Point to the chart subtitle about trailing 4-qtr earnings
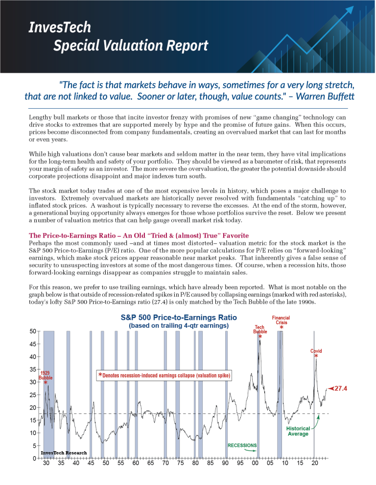point(178,325)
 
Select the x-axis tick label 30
point(46,463)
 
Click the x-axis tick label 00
point(255,463)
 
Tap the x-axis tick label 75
point(180,463)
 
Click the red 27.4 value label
point(340,388)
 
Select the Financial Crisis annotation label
point(281,320)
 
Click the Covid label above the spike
point(316,351)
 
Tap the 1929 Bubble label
point(45,375)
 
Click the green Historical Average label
point(298,431)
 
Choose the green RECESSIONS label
point(242,445)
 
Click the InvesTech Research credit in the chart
point(64,453)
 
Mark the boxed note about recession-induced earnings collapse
point(164,376)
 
